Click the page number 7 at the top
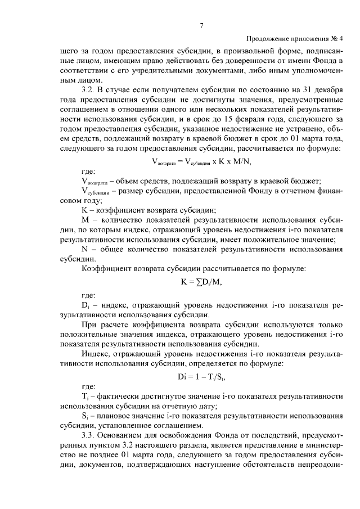tap(201, 25)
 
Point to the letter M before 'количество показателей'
tap(85, 220)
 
